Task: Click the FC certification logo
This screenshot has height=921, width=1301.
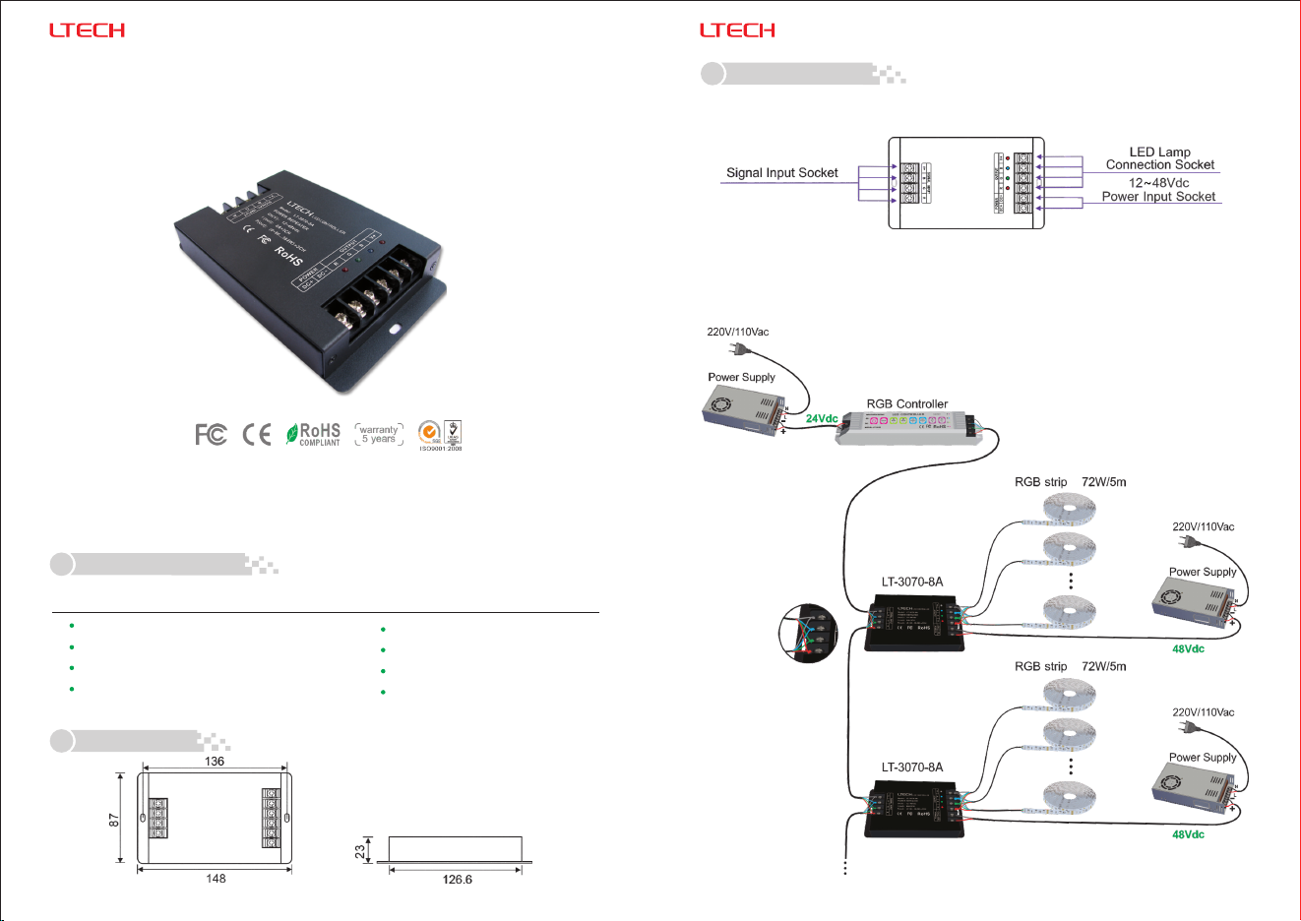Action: click(211, 434)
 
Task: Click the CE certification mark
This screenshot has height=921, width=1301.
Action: click(257, 434)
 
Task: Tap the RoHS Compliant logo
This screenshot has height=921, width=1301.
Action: click(313, 434)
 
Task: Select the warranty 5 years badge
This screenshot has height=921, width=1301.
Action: click(379, 434)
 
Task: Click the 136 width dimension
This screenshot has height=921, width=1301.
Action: click(215, 761)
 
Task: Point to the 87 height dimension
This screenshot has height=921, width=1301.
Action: click(114, 819)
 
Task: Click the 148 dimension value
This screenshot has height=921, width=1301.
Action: click(216, 879)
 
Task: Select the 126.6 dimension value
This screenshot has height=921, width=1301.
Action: click(457, 880)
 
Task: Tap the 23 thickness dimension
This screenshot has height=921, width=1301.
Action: click(360, 848)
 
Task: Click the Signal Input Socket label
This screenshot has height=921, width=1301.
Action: click(781, 173)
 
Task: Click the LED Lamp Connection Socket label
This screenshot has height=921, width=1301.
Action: click(1159, 158)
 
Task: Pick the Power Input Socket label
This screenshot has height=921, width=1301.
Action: click(1158, 197)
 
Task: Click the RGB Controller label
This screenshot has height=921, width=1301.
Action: click(906, 403)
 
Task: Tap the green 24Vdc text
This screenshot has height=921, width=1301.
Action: click(822, 419)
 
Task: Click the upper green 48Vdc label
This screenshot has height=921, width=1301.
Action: click(1188, 649)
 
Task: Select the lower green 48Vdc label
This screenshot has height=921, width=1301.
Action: click(1188, 835)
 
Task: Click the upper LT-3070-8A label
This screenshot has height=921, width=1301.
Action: click(911, 582)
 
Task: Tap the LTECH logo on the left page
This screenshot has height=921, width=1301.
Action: click(87, 31)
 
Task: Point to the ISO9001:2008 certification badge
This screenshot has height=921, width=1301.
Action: click(440, 435)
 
